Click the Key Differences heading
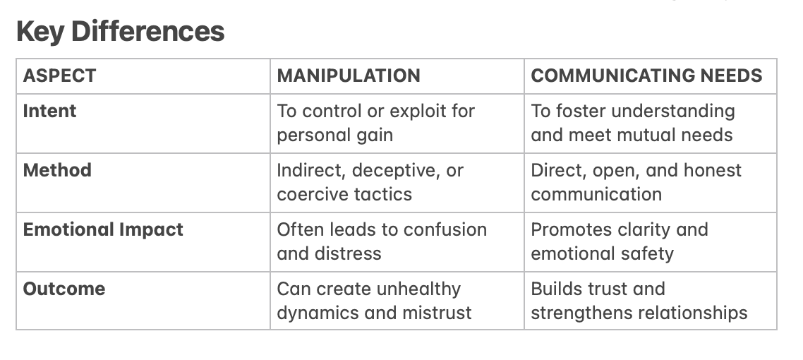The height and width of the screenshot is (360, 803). [x=120, y=32]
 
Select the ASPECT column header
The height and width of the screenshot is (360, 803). [x=59, y=76]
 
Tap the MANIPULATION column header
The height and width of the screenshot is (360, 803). [x=349, y=76]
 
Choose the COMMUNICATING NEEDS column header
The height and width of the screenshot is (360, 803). [x=646, y=76]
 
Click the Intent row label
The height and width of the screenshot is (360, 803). [x=49, y=111]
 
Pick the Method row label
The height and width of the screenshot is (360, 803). [x=57, y=170]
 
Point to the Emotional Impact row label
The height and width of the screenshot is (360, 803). [x=103, y=229]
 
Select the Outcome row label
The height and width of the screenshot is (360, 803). [x=64, y=289]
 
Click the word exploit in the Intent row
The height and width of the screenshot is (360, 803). [x=409, y=112]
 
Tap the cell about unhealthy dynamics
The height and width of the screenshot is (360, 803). [x=374, y=301]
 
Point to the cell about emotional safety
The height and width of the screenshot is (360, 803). [x=619, y=241]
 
